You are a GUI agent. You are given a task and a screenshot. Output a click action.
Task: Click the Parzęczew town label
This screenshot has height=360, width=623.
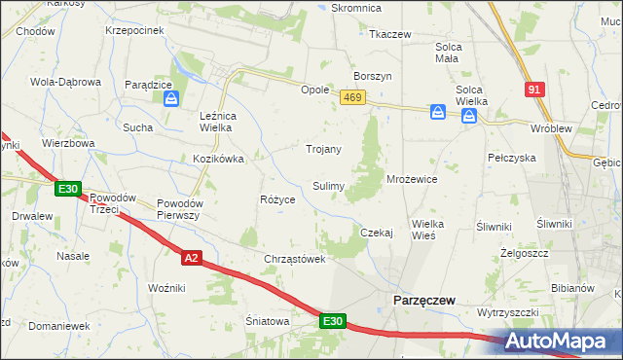423,301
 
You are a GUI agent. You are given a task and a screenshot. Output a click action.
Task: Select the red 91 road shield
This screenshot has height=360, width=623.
532,90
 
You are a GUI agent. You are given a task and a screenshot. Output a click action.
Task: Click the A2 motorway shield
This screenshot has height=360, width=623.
191,257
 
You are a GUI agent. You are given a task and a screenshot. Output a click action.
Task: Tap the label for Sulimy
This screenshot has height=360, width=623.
327,185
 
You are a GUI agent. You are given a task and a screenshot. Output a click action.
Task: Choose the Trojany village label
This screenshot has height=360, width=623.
323,149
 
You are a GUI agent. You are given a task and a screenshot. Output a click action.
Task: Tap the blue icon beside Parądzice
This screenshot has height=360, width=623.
171,98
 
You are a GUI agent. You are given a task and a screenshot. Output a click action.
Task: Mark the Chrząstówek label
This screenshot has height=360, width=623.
293,259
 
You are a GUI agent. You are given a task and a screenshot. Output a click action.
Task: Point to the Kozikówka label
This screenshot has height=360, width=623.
217,158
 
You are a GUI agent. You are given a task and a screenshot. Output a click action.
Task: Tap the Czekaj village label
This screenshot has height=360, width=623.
376,233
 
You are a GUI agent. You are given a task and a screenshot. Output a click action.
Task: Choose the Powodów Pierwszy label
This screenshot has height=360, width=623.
178,209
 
